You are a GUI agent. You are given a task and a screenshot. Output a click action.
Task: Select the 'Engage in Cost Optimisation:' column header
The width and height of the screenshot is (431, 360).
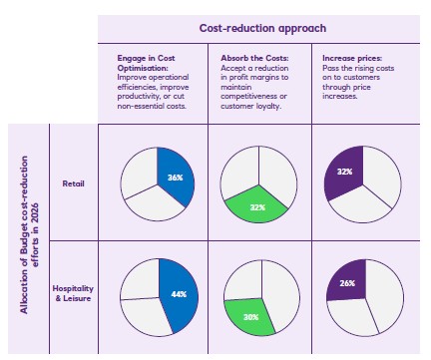149,62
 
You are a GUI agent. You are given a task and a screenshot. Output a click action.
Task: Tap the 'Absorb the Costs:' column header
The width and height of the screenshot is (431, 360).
245,56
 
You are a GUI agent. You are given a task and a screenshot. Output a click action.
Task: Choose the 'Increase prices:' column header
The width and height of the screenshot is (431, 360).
345,56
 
